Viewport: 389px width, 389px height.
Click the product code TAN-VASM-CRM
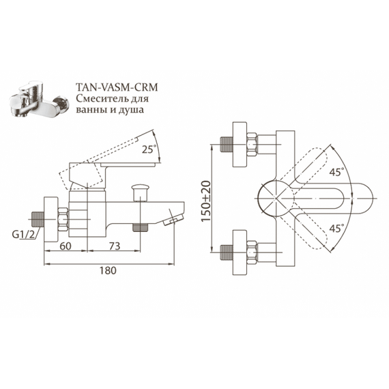(117, 87)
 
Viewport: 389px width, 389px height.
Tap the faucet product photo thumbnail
(40, 98)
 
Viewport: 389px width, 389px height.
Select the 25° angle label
(149, 149)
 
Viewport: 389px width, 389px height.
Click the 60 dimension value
(66, 246)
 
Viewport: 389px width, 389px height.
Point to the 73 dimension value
(115, 246)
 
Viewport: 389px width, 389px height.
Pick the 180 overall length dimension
(108, 270)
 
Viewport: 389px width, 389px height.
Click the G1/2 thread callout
(24, 234)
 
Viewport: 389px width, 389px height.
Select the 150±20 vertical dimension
(205, 201)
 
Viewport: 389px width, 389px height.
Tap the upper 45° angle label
(336, 172)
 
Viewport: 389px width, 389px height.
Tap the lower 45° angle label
(336, 228)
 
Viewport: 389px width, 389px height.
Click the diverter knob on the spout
(141, 192)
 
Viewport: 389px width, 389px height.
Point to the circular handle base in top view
(276, 199)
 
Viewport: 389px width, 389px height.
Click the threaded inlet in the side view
(38, 219)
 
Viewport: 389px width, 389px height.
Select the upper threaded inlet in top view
(226, 144)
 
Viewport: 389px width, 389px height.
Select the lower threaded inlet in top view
(226, 253)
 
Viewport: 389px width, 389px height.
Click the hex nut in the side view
(63, 219)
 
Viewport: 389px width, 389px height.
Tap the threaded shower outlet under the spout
(141, 227)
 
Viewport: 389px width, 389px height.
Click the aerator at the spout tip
(173, 219)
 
